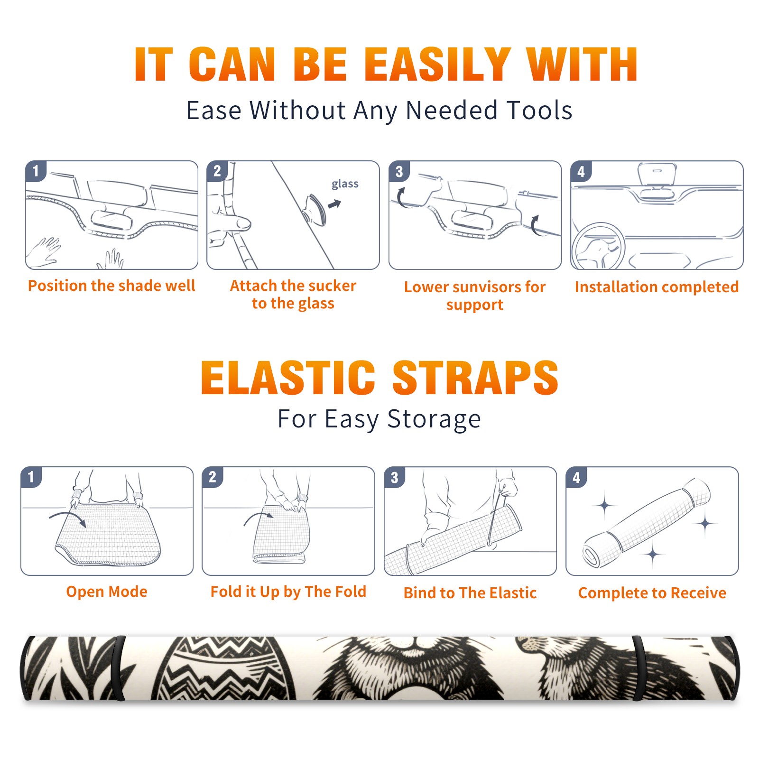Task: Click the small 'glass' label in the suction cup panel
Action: tap(345, 184)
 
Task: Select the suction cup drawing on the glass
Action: tap(315, 210)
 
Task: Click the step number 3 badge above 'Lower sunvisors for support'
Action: tap(398, 171)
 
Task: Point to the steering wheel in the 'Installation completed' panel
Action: tap(598, 246)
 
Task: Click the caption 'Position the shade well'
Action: tap(111, 286)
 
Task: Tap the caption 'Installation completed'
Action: tap(657, 287)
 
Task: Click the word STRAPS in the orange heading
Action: tap(475, 378)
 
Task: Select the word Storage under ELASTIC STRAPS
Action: tap(434, 419)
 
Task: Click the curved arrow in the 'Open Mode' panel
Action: tap(68, 518)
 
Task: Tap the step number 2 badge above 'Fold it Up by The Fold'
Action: tap(213, 477)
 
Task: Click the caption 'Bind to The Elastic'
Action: tap(470, 593)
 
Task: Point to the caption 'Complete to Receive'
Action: tap(652, 593)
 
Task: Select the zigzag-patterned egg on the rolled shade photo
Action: tap(223, 668)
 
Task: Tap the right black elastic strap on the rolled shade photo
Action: tap(638, 668)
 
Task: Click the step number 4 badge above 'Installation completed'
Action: tap(581, 171)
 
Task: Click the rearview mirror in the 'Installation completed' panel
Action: tap(657, 174)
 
